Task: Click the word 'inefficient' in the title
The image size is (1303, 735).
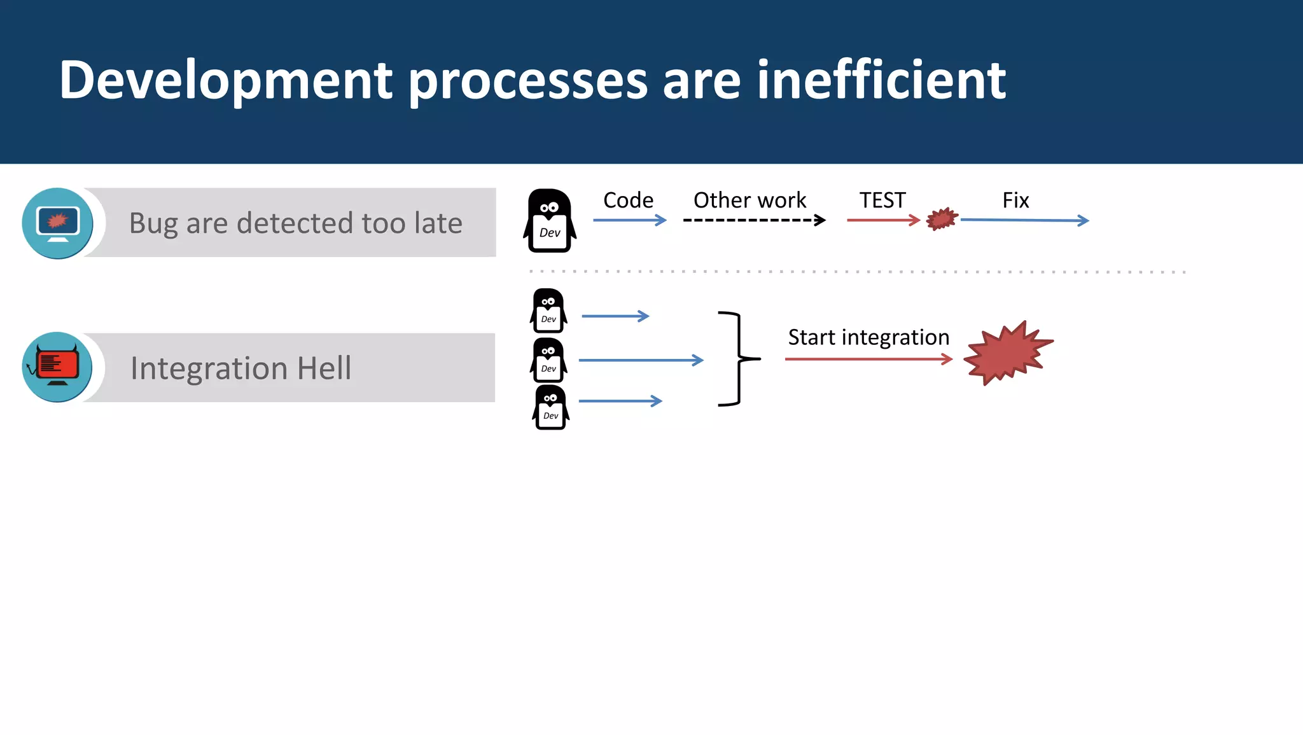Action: (x=881, y=80)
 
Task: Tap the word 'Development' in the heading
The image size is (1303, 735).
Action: (x=226, y=81)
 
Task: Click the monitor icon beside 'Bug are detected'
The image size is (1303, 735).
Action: (x=57, y=223)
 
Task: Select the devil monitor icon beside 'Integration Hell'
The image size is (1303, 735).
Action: (x=57, y=367)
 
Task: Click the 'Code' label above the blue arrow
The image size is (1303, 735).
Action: (x=628, y=200)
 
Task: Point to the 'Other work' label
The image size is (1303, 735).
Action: (x=749, y=200)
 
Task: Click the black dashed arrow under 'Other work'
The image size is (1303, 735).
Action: (x=754, y=220)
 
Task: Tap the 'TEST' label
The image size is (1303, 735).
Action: (x=882, y=200)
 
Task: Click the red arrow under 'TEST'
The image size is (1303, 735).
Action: (x=883, y=220)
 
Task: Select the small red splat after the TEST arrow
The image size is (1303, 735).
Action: (x=942, y=219)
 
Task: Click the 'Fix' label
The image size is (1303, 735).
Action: (x=1015, y=200)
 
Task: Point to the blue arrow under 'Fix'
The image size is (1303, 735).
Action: (x=1024, y=220)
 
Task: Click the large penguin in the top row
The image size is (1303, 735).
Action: (x=550, y=221)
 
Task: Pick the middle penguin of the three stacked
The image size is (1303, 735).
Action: (x=548, y=360)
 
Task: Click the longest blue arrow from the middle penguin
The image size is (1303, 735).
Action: (x=641, y=360)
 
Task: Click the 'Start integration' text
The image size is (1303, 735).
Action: (x=868, y=337)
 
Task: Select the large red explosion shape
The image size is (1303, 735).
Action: (x=1007, y=354)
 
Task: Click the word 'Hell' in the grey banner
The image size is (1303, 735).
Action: (x=324, y=368)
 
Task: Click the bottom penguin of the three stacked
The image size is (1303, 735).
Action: (x=550, y=407)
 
